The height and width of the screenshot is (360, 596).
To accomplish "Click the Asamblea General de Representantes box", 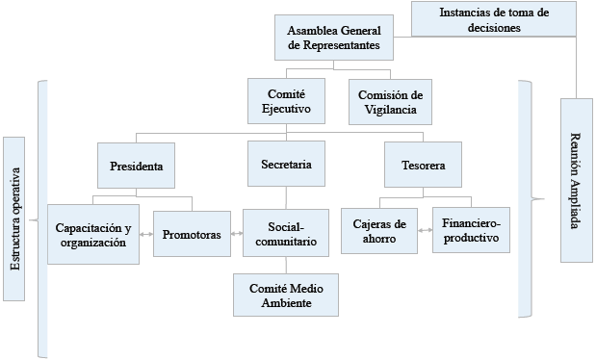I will tap(333, 38).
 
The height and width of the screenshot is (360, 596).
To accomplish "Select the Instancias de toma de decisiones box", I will tap(493, 19).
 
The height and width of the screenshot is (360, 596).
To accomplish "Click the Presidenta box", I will tap(137, 165).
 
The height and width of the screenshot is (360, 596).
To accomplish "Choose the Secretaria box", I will tap(286, 165).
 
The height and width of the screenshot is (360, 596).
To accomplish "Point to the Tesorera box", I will tap(422, 165).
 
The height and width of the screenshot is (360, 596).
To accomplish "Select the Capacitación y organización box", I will tap(92, 235).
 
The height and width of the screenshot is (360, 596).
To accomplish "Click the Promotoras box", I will tap(192, 234).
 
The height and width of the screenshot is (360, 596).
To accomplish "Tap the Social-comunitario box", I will tap(286, 234).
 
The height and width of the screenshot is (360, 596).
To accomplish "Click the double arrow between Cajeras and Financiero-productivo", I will tap(425, 231).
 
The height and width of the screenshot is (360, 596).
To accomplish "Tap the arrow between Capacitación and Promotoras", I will tap(146, 235).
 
